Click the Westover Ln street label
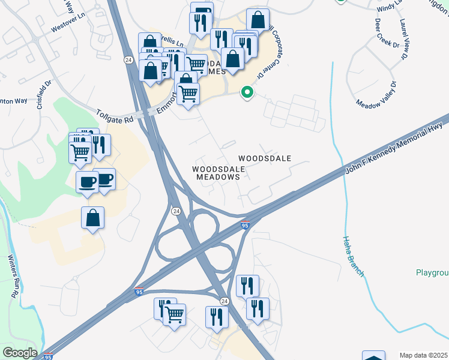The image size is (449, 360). pos(66,28)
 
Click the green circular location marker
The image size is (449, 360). pos(246,92)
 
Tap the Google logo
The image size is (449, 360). pos(19,353)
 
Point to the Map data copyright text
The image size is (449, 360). pos(424,355)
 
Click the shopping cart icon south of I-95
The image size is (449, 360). pos(174,313)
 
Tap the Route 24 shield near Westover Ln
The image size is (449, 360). pos(128,60)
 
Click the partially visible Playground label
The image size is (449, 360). pos(432,273)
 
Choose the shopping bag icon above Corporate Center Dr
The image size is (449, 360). pos(258,20)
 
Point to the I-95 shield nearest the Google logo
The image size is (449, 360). pos(47,357)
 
